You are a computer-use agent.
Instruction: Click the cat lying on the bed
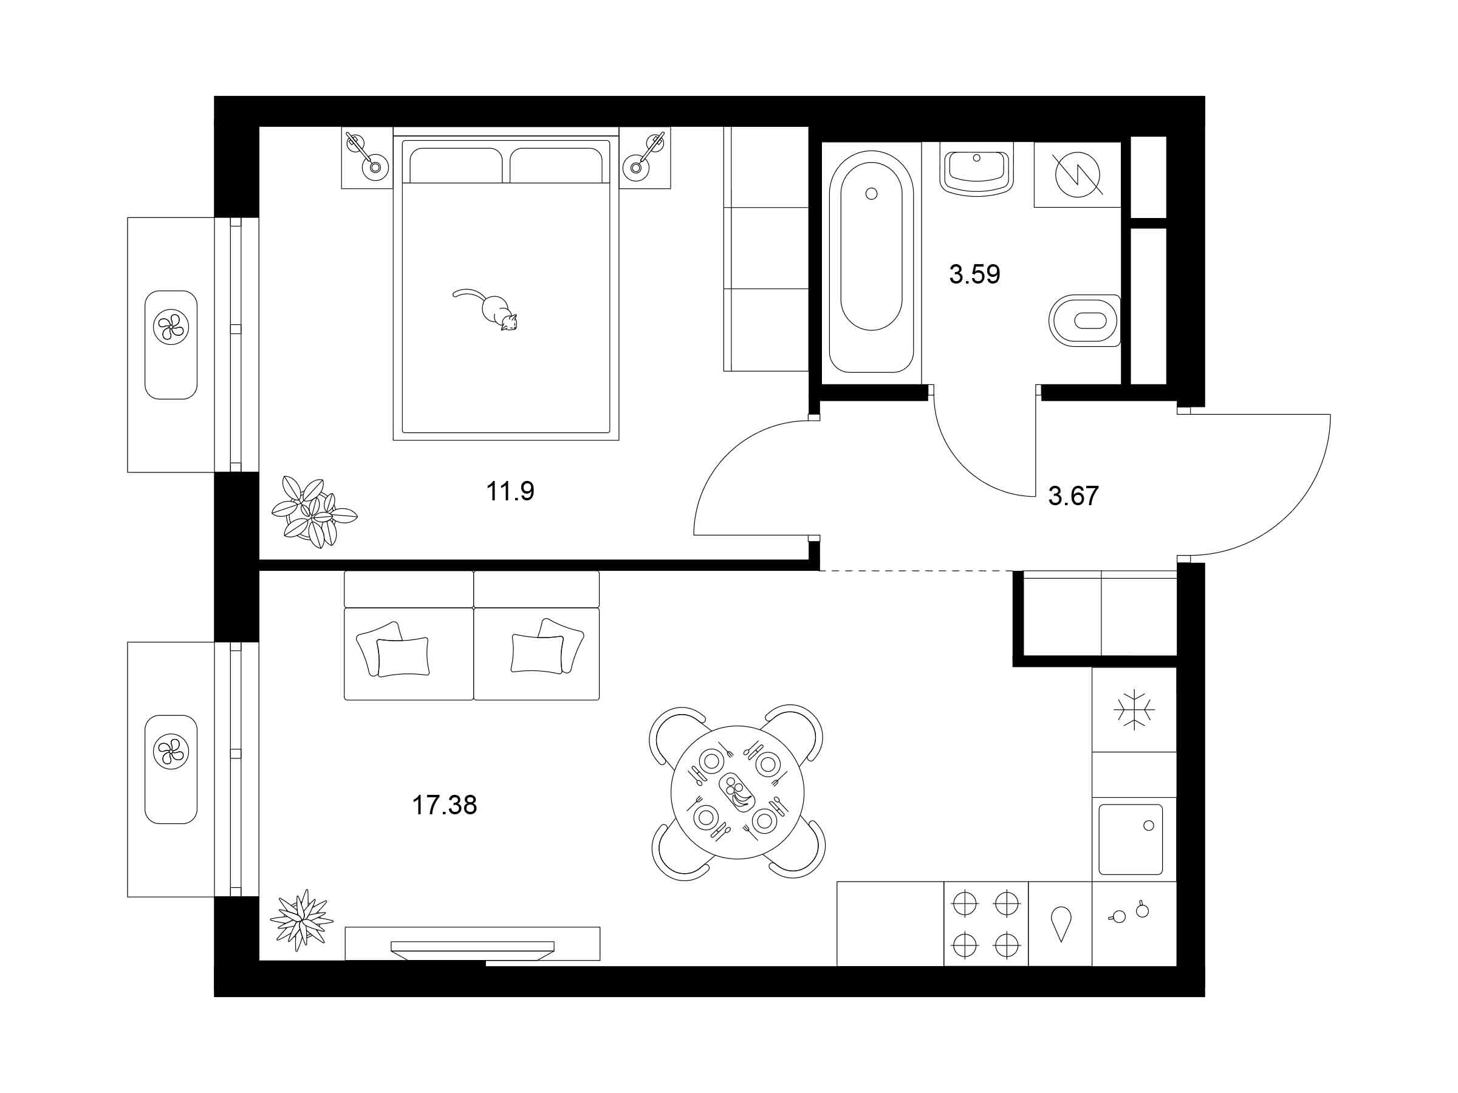[488, 309]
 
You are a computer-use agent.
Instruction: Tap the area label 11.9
[510, 491]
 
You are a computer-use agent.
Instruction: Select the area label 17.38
[444, 805]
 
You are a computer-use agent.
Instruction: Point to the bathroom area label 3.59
[974, 274]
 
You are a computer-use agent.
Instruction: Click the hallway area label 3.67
[1073, 496]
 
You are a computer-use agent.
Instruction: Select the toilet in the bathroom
[1085, 320]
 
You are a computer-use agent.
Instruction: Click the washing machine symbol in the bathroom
[1078, 175]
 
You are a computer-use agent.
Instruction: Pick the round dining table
[738, 792]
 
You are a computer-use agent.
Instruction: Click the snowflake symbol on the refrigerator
[1134, 710]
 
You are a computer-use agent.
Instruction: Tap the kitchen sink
[1131, 839]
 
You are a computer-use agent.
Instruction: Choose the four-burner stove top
[986, 924]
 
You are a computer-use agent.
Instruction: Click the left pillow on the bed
[456, 165]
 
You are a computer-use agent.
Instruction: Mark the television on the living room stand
[472, 947]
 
